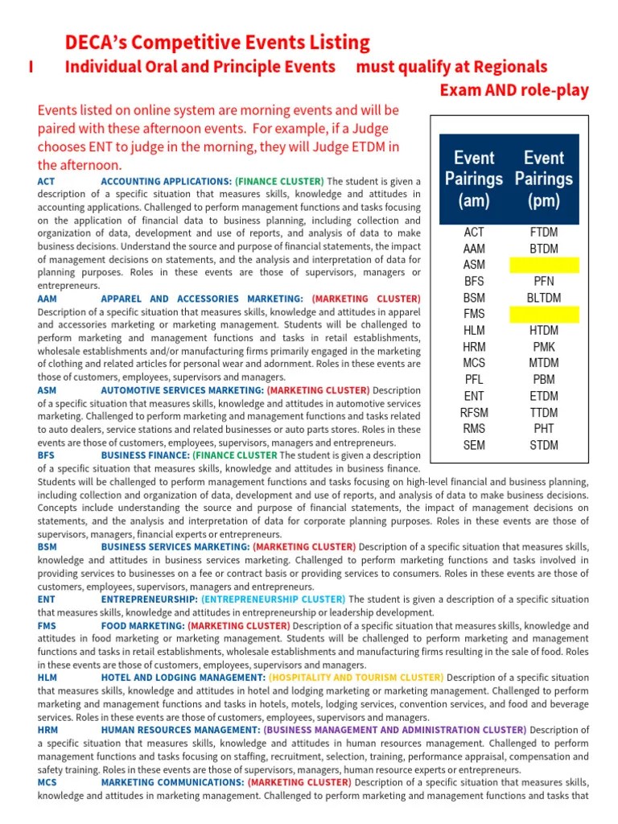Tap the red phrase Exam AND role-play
514,90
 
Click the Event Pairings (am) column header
474,179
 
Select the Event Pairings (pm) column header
544,179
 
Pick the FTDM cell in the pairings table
544,233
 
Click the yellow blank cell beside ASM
544,265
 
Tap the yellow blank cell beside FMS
544,314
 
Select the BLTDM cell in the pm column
544,298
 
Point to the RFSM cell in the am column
474,413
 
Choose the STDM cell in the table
544,445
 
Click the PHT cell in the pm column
544,429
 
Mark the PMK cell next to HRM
544,347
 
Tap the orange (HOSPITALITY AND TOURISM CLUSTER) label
356,678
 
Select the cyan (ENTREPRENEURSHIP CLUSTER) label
273,599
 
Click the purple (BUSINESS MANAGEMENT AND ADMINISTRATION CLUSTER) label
394,730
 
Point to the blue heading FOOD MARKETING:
142,626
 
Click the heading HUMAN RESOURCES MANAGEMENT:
180,730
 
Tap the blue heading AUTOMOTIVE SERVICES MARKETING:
182,390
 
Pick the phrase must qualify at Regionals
451,67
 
